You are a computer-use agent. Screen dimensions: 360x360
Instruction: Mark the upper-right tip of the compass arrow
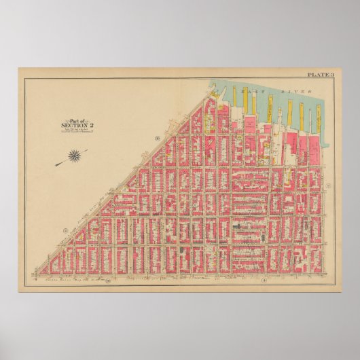coord(88,150)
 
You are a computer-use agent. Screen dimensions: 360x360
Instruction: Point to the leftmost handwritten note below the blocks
coord(68,279)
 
